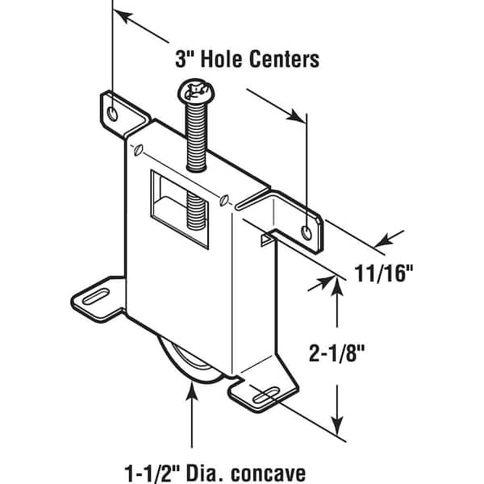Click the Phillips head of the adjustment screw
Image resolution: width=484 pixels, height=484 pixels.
[196, 90]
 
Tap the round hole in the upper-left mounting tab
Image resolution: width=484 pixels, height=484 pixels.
[112, 114]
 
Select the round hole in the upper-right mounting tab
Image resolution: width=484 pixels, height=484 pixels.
[307, 232]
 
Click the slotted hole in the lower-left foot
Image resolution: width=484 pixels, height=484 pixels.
[96, 296]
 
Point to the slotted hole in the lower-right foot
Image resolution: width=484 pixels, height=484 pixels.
[265, 396]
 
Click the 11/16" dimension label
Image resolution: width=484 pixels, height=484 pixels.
[383, 273]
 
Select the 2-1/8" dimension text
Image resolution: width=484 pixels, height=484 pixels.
[337, 353]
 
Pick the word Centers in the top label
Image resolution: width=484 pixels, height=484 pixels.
[284, 59]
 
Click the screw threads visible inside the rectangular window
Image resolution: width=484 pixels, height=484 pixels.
[196, 211]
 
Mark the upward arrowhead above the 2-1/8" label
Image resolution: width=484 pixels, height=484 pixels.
[337, 288]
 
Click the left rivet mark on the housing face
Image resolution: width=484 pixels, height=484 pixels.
[138, 150]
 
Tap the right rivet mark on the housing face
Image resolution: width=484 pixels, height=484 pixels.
[223, 200]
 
